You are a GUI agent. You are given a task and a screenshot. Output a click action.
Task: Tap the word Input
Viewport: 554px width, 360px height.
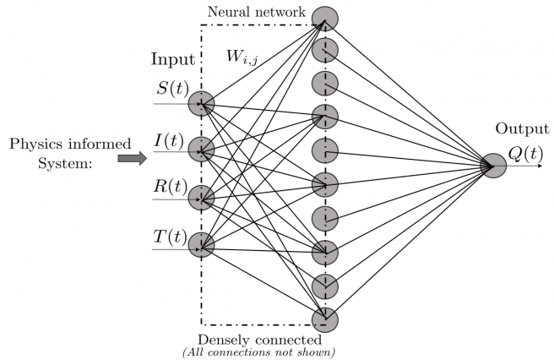click(172, 60)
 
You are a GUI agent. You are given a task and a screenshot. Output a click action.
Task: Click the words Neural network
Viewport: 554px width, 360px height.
click(265, 11)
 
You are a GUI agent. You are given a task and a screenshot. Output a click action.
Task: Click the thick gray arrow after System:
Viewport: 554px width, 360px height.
click(132, 155)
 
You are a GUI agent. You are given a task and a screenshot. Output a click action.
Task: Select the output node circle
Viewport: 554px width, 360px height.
click(493, 166)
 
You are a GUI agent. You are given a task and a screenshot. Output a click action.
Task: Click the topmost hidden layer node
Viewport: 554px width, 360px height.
click(324, 18)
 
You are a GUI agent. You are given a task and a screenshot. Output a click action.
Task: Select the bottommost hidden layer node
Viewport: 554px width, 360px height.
click(324, 320)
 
